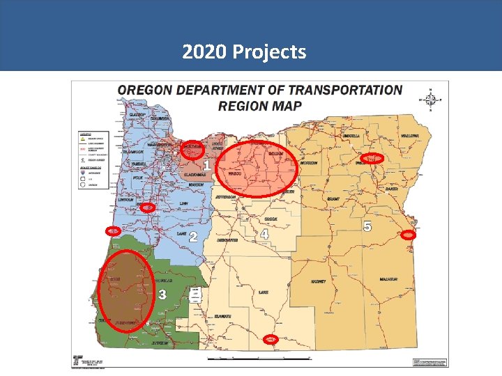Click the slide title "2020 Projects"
pyautogui.click(x=244, y=52)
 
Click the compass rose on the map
pyautogui.click(x=431, y=101)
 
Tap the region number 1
pyautogui.click(x=207, y=165)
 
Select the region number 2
pyautogui.click(x=193, y=237)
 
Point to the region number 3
pyautogui.click(x=162, y=295)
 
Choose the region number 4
pyautogui.click(x=264, y=235)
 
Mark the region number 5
pyautogui.click(x=367, y=226)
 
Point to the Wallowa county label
pyautogui.click(x=409, y=136)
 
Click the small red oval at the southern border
pyautogui.click(x=271, y=339)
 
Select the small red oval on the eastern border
pyautogui.click(x=409, y=235)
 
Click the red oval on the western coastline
pyautogui.click(x=112, y=230)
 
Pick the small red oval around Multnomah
pyautogui.click(x=192, y=148)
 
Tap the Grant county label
pyautogui.click(x=333, y=199)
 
